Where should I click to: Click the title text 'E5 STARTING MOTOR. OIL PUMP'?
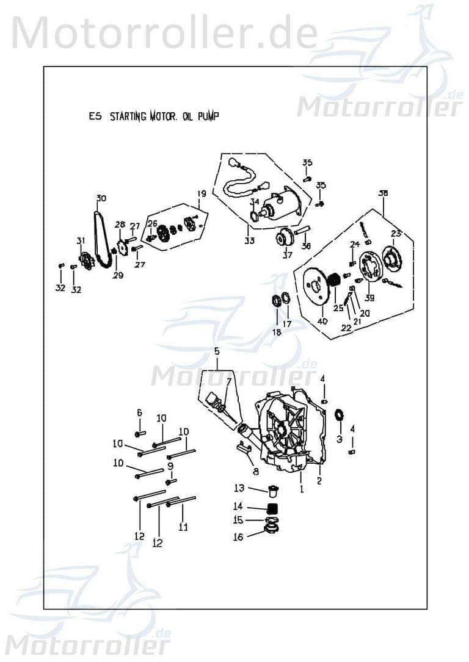(153, 117)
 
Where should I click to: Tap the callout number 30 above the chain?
(101, 198)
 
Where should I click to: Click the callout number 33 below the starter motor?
(249, 240)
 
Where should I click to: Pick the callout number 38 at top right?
(383, 193)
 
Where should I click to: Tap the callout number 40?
(322, 321)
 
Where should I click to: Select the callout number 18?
(277, 332)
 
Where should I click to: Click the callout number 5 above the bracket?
(216, 351)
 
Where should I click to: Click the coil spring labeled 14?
(274, 508)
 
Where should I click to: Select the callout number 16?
(238, 537)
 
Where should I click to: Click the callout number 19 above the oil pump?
(200, 194)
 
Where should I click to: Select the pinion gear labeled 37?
(284, 238)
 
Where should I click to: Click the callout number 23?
(396, 233)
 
